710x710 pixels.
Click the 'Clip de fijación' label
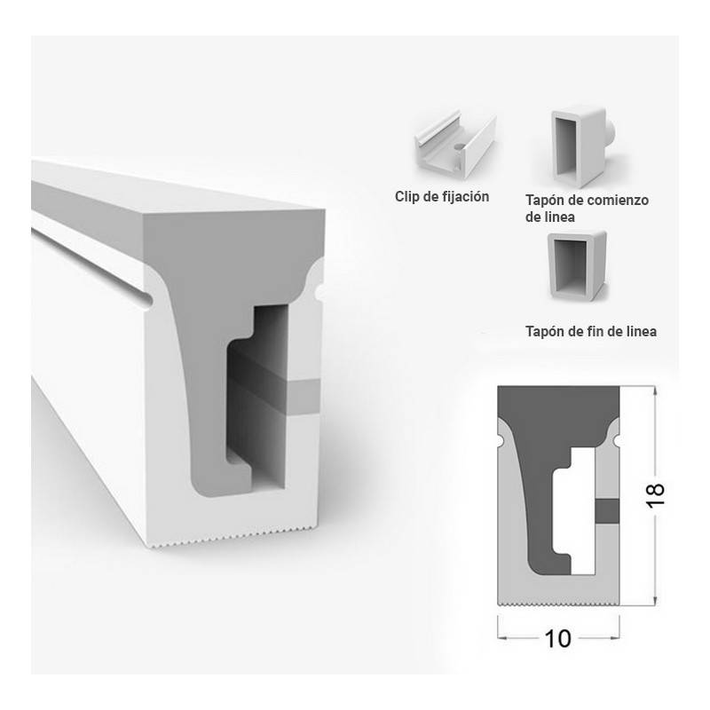[x=441, y=196]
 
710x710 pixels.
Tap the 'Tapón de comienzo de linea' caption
[x=587, y=209]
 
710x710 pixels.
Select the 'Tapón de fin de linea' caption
[x=591, y=331]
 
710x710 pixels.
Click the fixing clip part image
[x=455, y=143]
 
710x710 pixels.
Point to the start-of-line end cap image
[x=582, y=146]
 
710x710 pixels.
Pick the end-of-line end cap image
[x=577, y=264]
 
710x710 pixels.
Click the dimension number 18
[x=655, y=495]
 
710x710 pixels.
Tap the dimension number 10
[x=558, y=639]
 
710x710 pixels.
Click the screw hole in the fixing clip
[x=459, y=146]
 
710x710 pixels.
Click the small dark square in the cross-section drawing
[x=607, y=511]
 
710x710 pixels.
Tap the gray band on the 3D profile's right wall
[x=304, y=397]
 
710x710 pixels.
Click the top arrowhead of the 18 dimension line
[x=654, y=391]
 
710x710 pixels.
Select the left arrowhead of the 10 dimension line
[x=503, y=638]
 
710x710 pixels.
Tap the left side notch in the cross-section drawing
[x=500, y=440]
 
